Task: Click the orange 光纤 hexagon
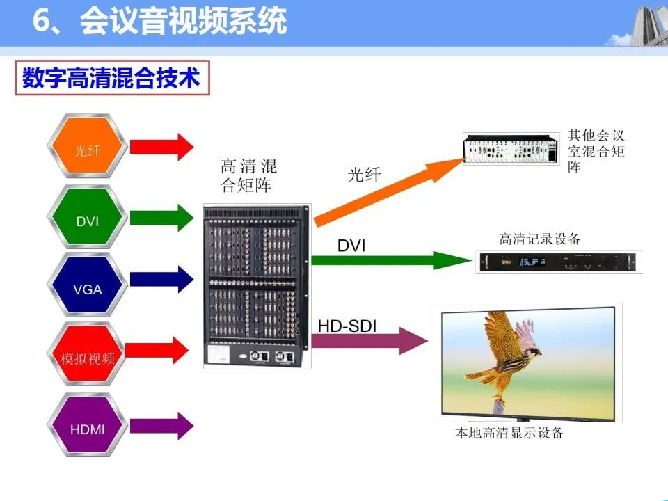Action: coord(88,146)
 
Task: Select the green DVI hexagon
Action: coord(88,217)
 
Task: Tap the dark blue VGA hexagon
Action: coord(88,285)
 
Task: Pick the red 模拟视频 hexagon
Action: coord(88,354)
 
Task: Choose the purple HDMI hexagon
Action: coord(88,424)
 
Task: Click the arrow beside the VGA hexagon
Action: coord(162,280)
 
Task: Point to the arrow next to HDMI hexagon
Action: coord(162,426)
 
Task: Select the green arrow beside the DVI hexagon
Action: coord(162,218)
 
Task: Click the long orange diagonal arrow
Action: coord(388,191)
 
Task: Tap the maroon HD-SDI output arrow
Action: coord(369,341)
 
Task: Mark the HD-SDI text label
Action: coord(347,326)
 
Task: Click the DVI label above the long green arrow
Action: coord(351,246)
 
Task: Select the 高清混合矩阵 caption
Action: coord(248,175)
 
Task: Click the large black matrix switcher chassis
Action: coord(257,286)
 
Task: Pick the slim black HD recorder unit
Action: coord(558,262)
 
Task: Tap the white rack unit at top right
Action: coord(511,149)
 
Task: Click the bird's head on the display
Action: coord(532,352)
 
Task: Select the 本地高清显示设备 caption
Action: coord(509,433)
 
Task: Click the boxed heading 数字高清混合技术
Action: coord(112,77)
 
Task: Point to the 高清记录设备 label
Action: coord(540,239)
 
